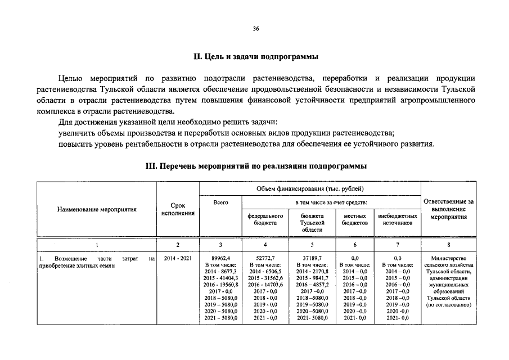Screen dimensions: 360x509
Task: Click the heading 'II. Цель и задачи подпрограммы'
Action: [x=255, y=57]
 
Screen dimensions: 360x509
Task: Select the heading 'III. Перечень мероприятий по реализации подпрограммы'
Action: [x=255, y=166]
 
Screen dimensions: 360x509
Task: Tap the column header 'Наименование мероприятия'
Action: [x=97, y=209]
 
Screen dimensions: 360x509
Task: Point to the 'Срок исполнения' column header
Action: [x=178, y=209]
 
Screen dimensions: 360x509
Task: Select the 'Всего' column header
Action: [x=220, y=202]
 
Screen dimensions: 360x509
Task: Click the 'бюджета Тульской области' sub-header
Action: [x=312, y=223]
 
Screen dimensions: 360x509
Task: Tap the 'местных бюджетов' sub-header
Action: [x=354, y=219]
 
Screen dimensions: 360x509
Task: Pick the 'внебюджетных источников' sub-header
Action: [x=398, y=219]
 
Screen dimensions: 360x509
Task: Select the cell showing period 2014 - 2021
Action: [x=178, y=259]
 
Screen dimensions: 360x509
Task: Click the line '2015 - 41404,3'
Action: [x=220, y=278]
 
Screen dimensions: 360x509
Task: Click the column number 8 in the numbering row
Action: [x=448, y=245]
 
